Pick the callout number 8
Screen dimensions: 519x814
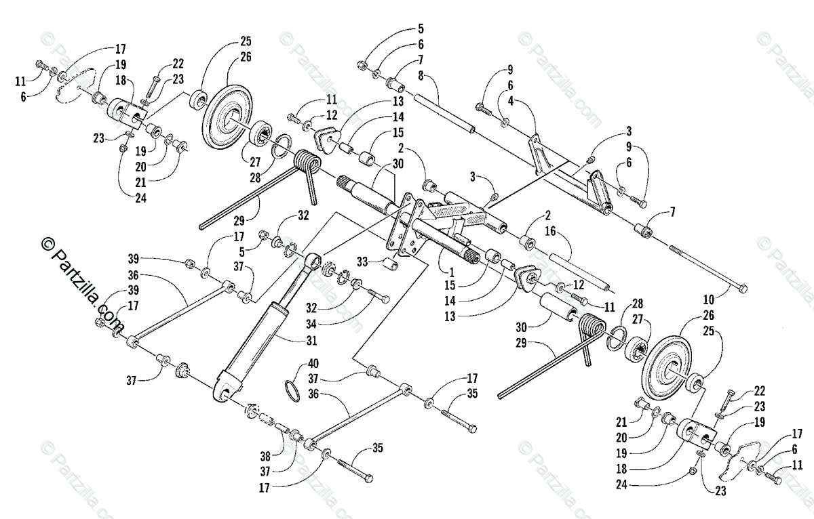pos(421,76)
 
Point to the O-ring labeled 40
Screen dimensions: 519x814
pos(290,390)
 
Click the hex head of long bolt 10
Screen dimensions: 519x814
pos(743,289)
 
